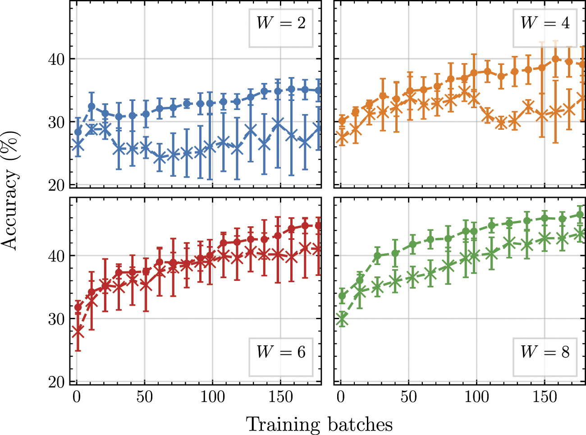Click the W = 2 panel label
281,23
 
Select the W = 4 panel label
545,23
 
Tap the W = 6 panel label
281,352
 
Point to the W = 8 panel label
545,352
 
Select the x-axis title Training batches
319,425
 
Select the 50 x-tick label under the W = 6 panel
144,397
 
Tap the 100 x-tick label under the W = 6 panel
212,397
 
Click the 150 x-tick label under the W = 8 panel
545,397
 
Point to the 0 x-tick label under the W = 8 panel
341,397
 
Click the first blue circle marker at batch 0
78,132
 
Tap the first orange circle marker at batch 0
342,120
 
